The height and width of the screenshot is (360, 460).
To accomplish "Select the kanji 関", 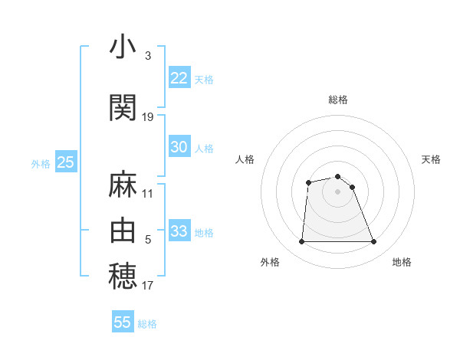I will [123, 107].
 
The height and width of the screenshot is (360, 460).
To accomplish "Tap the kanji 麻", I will [123, 185].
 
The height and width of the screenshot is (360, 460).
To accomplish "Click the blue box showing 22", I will [179, 78].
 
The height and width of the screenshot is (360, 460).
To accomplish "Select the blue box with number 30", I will [179, 147].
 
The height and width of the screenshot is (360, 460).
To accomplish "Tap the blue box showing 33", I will [179, 231].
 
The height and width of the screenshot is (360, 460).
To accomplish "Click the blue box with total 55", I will [123, 322].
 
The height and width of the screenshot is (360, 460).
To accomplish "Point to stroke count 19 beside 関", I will [148, 117].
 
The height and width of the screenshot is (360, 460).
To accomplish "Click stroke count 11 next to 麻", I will [148, 194].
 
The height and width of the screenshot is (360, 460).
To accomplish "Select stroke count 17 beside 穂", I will [148, 286].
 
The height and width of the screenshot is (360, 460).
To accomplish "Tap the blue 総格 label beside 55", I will [147, 324].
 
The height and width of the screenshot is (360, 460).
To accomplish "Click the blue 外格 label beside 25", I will [41, 163].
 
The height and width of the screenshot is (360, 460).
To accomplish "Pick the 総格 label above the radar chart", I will [338, 100].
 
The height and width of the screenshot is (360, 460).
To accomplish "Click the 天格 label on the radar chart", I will [432, 159].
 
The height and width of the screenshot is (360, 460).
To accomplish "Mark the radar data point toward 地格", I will [374, 242].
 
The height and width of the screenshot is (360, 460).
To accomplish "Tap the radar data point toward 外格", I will [301, 242].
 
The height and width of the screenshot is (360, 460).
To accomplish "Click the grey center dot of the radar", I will [338, 191].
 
